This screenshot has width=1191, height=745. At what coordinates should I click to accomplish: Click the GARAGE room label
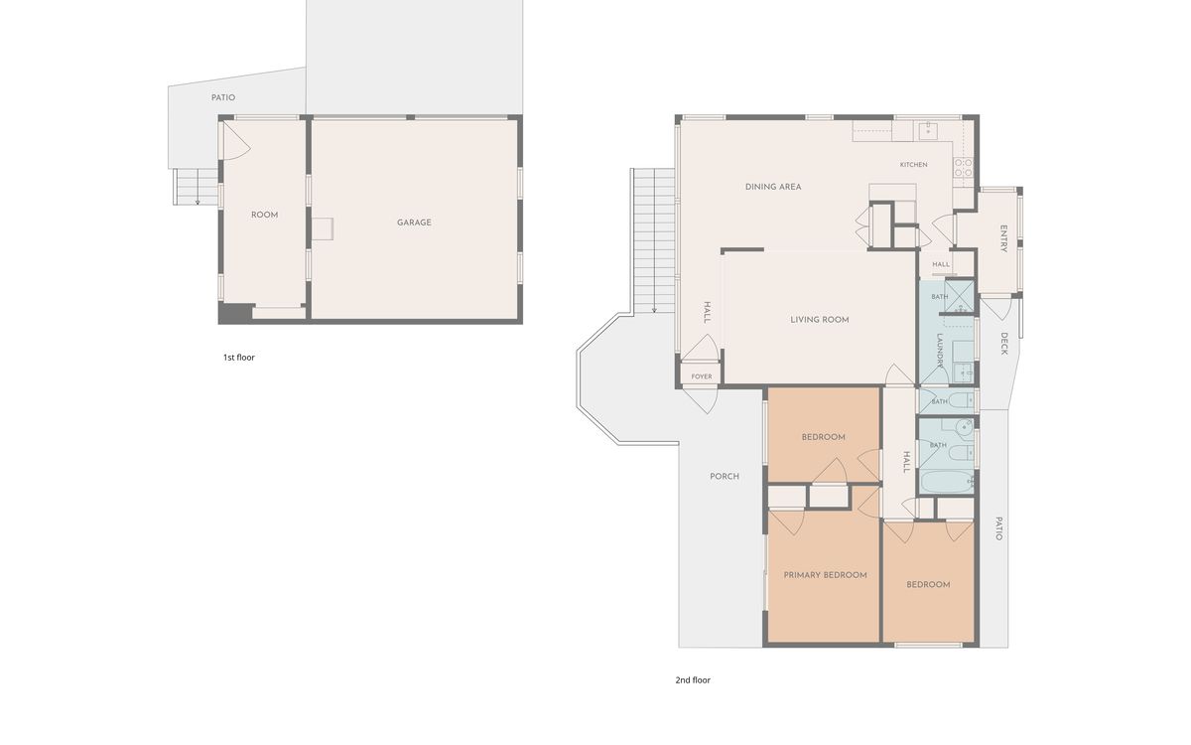tap(414, 223)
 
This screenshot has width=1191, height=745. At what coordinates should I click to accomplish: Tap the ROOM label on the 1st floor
tap(264, 215)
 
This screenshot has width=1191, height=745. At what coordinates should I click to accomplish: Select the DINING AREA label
tap(773, 187)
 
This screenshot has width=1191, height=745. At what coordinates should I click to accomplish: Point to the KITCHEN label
tap(913, 165)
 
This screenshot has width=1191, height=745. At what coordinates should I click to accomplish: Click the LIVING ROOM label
tap(820, 320)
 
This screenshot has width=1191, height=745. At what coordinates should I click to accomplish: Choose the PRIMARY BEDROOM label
tap(825, 575)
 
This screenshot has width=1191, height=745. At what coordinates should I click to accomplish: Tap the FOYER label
tap(702, 376)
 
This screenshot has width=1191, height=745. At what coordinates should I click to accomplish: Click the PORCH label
tap(725, 476)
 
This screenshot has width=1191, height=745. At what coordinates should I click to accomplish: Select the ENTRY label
tap(1003, 238)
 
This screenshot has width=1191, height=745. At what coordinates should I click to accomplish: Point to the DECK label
tap(1003, 344)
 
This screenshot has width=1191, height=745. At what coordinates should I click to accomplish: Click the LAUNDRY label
tap(940, 351)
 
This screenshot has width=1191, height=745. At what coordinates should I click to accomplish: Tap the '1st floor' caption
tap(239, 357)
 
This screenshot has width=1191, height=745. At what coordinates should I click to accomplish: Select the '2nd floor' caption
tap(693, 680)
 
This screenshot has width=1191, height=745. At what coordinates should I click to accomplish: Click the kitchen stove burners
tap(963, 168)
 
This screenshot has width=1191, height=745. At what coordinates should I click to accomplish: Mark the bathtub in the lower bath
tap(947, 481)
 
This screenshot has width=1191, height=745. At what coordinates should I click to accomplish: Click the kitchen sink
tap(928, 130)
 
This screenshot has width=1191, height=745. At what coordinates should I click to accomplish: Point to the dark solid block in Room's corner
tap(236, 312)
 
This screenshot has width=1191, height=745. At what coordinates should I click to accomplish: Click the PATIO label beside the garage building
tap(223, 98)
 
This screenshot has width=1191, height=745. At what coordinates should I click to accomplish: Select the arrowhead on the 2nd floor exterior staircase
tap(654, 310)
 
